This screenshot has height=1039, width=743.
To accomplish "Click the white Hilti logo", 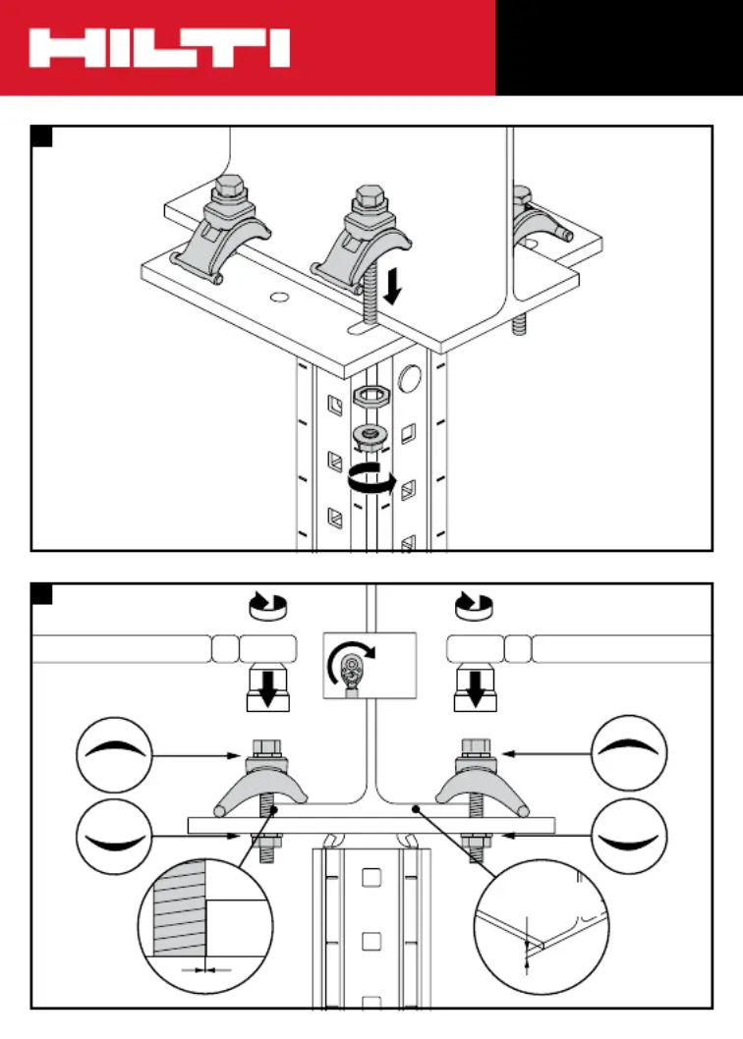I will (158, 48).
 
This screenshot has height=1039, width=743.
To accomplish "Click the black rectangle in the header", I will (618, 47).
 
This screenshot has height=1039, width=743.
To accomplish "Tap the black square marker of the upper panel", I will (41, 137).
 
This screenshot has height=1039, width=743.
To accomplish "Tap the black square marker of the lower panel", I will (41, 594).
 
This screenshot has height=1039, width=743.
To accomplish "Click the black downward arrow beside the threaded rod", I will (392, 287).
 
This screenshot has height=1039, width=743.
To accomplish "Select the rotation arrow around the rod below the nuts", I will (371, 481).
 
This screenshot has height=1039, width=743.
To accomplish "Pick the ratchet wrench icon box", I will (371, 665).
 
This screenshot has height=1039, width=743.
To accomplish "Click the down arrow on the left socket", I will (266, 688).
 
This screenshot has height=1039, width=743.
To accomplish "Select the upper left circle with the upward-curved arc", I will (115, 753).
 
